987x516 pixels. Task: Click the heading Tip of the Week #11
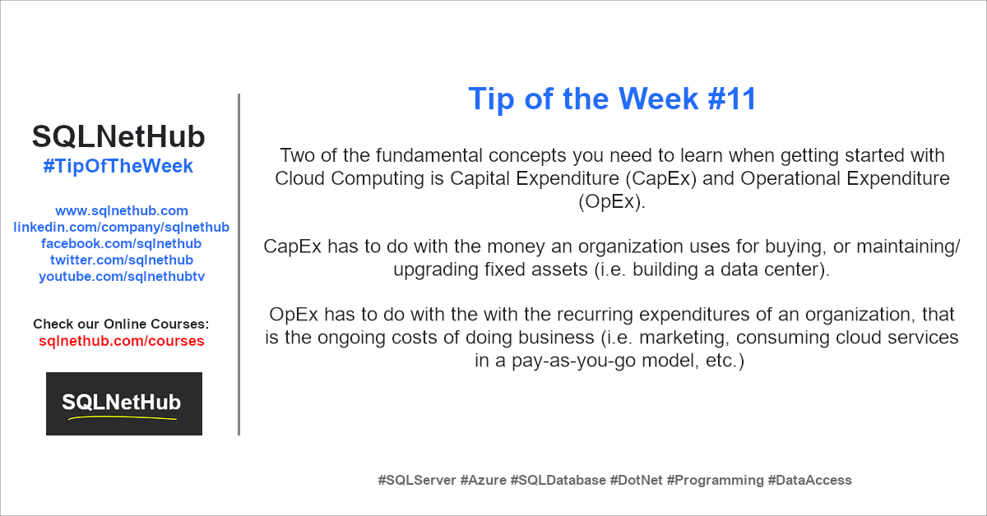612,99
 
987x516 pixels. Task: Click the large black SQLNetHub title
118,136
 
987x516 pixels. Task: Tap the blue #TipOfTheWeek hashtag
118,167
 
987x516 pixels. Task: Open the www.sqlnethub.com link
122,211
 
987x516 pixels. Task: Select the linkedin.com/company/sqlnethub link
121,227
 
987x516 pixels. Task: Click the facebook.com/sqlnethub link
121,243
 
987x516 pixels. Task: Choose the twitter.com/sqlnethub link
122,260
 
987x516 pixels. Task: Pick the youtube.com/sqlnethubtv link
122,277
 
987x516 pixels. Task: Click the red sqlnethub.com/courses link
122,341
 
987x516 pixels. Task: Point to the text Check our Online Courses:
121,324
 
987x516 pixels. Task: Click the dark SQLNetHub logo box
124,403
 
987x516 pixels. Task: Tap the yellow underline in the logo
123,417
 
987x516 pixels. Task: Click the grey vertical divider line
239,265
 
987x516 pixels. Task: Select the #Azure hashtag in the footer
484,480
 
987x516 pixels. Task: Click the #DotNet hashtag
636,480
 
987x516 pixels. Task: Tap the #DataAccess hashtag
809,480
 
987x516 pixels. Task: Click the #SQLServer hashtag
417,480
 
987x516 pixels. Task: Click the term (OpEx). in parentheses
612,201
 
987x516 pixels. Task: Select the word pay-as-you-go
574,361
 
